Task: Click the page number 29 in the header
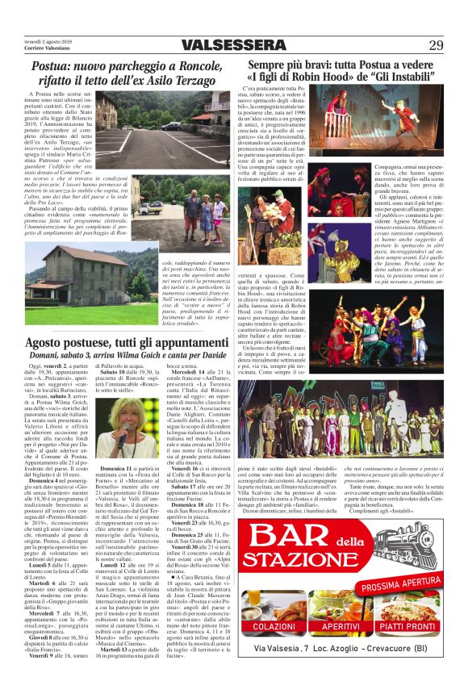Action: click(437, 45)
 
